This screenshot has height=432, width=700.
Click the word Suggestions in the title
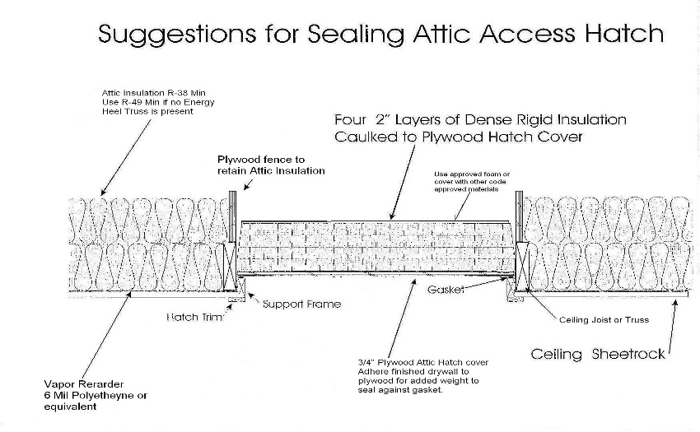177,35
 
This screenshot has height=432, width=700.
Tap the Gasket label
446,290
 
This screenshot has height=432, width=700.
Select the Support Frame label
301,304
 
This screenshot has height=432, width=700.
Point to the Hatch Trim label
194,318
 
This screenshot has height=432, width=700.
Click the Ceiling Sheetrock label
598,354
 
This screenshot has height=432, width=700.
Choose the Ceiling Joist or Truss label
604,319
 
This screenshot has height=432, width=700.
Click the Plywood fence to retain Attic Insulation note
271,165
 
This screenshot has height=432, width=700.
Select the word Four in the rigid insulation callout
351,119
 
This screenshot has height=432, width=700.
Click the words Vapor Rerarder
83,384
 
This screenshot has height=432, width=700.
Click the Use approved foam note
472,182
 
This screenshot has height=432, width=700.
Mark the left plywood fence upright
232,217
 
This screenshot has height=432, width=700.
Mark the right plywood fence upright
519,217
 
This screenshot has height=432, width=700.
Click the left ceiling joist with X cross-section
230,267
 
